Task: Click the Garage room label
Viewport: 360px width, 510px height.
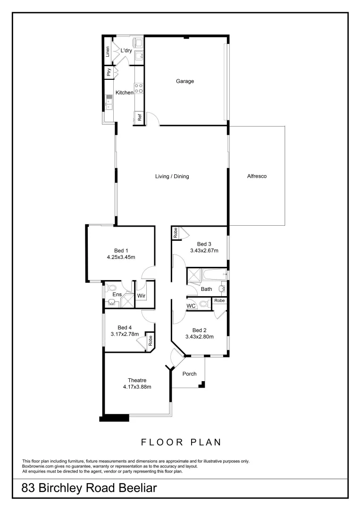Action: click(185, 81)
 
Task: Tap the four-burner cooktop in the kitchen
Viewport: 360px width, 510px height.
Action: click(139, 88)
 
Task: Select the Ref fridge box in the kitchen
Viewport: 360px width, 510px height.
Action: click(140, 117)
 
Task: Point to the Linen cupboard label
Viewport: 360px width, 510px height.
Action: click(108, 51)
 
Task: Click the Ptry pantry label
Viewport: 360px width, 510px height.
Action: click(109, 72)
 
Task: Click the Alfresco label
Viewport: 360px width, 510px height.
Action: click(257, 177)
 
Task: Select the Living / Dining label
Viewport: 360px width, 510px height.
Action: click(172, 177)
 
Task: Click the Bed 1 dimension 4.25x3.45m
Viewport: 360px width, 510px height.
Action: click(120, 257)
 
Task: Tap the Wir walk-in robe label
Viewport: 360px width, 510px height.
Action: click(141, 296)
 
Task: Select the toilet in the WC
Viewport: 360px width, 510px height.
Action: click(203, 304)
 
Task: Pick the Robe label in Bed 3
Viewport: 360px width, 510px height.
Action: click(175, 232)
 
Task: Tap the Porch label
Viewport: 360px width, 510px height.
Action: click(189, 374)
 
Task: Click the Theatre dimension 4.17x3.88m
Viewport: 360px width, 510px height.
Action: click(137, 387)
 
